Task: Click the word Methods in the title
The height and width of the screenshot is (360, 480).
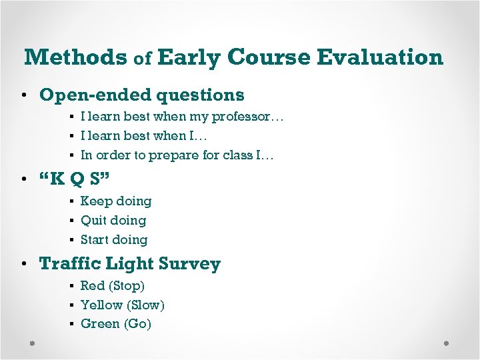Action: [75, 57]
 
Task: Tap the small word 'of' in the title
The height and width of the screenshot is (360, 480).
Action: [143, 59]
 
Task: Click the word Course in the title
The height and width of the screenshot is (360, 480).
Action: [269, 57]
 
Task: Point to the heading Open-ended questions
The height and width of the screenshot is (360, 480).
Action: [142, 95]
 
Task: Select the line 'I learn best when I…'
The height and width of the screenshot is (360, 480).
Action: [144, 136]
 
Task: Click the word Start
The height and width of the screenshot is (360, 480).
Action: [95, 240]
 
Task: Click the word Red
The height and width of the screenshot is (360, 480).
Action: [93, 286]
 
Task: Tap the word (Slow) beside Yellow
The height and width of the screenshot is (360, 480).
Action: [145, 305]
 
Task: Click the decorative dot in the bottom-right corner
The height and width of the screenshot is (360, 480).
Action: [446, 343]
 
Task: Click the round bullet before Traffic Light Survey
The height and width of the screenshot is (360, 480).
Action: [25, 265]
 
